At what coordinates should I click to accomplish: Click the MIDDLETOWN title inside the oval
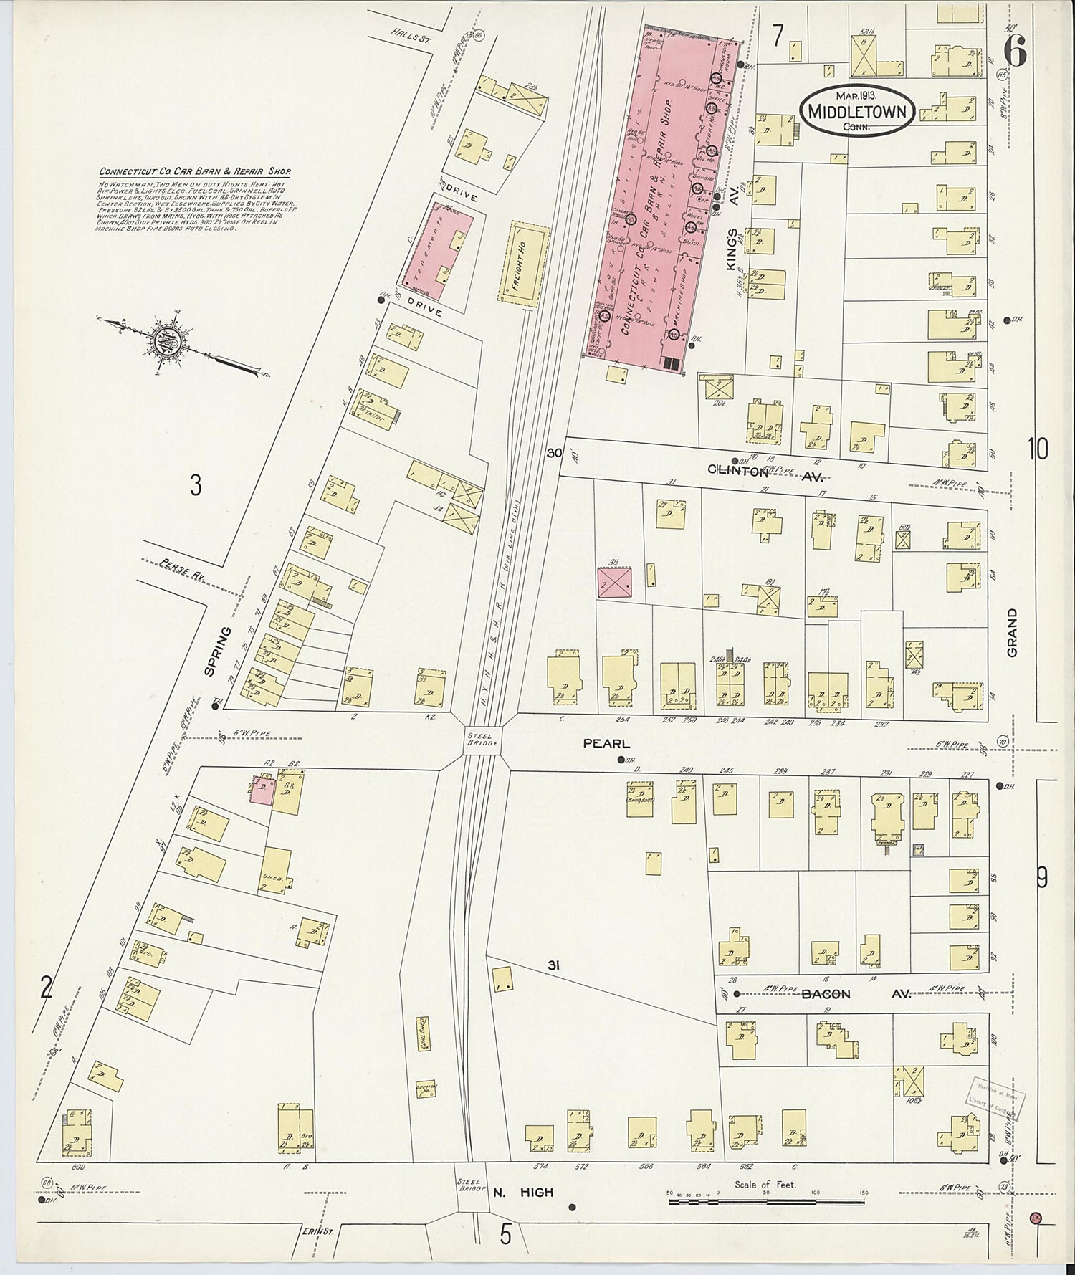(856, 112)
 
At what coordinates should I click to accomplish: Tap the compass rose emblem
(165, 342)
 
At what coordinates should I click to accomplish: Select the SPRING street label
(212, 651)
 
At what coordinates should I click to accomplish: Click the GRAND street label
(1012, 633)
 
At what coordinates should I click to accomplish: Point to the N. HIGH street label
(523, 1193)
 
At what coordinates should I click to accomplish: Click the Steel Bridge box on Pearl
(482, 739)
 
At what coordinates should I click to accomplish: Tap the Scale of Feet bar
(767, 1200)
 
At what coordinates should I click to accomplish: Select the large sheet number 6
(1015, 50)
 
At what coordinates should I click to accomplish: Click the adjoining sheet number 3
(196, 486)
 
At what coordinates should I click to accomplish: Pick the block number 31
(553, 965)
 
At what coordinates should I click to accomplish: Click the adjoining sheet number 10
(1038, 449)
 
